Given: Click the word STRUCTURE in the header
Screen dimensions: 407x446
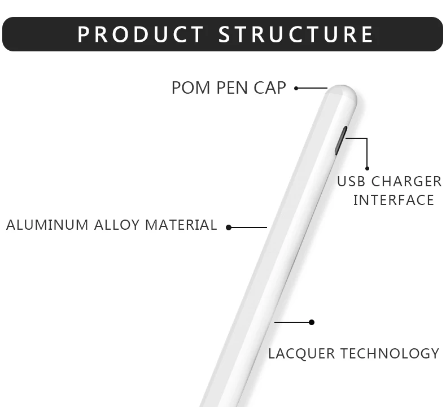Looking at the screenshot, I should point(296,34).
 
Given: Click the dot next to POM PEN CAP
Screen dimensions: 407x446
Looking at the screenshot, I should point(296,88).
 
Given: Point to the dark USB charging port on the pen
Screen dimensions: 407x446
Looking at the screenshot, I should point(340,140).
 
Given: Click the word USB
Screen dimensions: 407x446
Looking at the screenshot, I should point(352,182).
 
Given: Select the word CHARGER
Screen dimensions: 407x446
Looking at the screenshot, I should point(406,182).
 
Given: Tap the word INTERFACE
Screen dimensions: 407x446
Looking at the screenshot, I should point(393,200).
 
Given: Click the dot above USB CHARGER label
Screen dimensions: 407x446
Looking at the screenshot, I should point(367,168).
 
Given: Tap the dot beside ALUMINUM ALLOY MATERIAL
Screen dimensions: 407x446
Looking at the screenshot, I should point(229,227).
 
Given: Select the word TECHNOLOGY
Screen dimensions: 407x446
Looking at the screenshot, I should point(390,354).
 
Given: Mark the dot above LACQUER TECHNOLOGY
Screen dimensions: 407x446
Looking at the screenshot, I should point(311,322).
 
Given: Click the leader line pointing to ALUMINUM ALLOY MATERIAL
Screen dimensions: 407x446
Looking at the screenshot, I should point(249,227).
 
